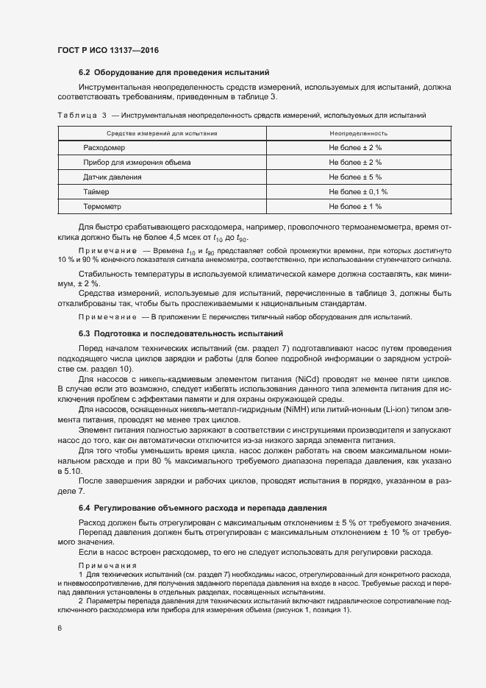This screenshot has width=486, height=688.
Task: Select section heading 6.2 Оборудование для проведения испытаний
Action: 174,72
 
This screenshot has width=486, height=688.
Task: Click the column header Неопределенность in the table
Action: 358,133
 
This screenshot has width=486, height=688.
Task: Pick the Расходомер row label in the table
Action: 104,148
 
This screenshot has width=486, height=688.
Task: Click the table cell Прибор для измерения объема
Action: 137,162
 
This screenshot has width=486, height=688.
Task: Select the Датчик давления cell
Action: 112,177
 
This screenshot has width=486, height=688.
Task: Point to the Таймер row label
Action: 96,191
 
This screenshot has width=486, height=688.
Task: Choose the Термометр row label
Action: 102,206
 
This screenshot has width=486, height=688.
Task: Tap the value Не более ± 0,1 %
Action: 358,191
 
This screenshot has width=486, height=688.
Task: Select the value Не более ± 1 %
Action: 355,206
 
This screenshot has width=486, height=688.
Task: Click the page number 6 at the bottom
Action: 60,628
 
